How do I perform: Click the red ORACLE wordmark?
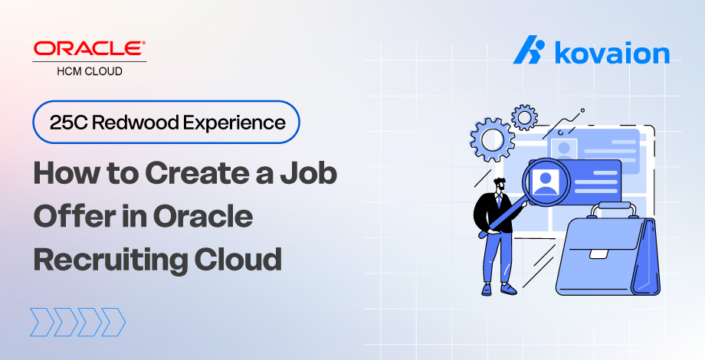tap(90, 49)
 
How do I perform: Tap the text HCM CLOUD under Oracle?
tap(90, 71)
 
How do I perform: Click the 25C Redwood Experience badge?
tap(166, 122)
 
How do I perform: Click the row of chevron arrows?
tap(77, 322)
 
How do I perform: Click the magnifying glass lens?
tap(547, 182)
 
